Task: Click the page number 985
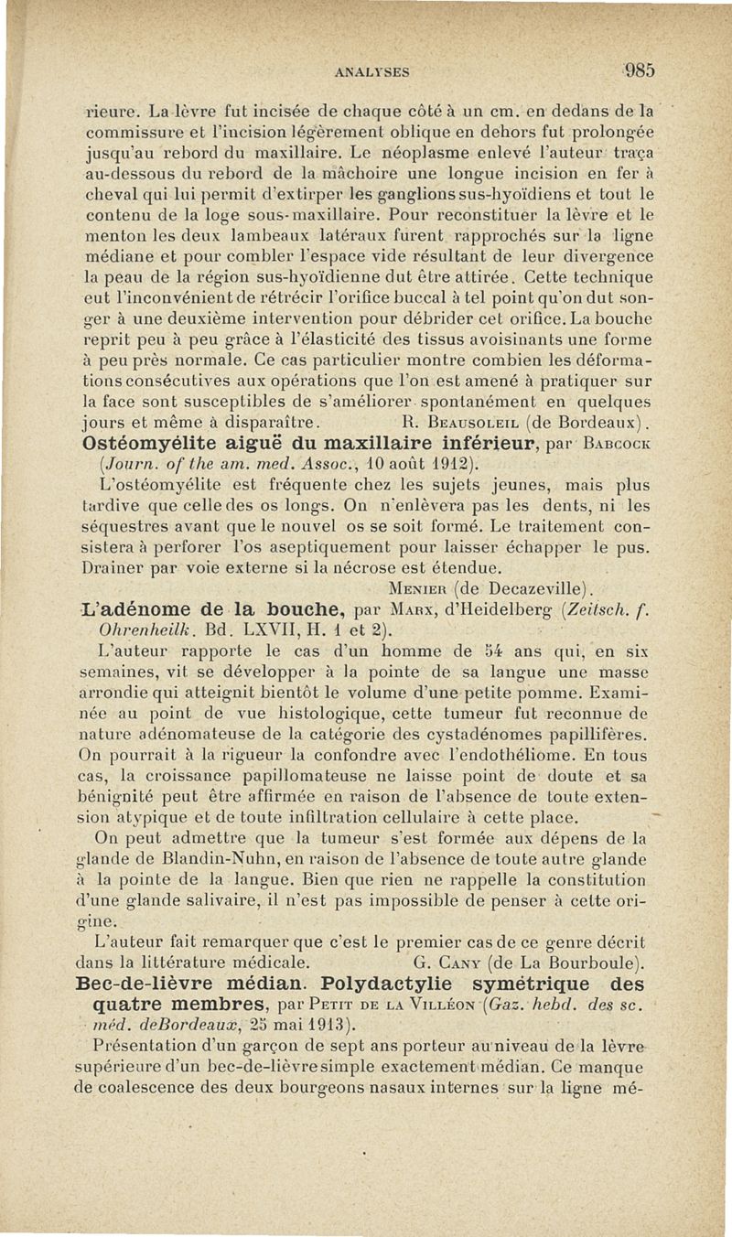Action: pyautogui.click(x=640, y=70)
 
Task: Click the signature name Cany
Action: pyautogui.click(x=472, y=962)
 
